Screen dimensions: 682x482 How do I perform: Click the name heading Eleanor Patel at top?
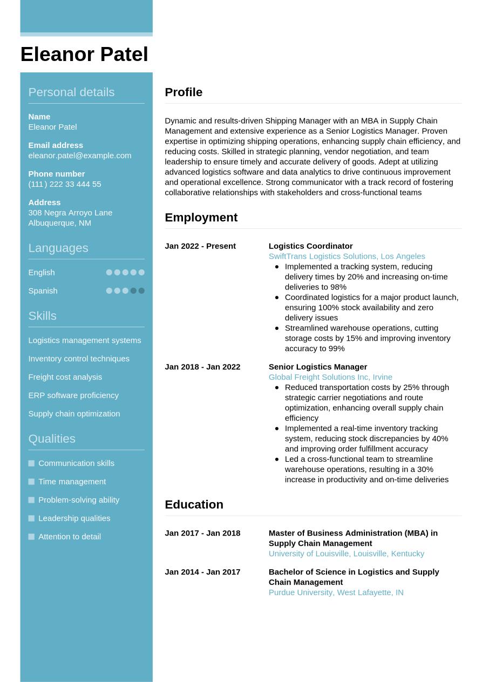(x=84, y=55)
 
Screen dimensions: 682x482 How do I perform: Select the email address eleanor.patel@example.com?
(x=79, y=156)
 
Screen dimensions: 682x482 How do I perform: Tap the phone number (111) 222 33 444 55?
(x=64, y=184)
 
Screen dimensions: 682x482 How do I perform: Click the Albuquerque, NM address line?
(x=59, y=223)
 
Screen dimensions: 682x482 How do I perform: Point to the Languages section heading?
(x=58, y=248)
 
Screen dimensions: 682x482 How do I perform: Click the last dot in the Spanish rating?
(x=141, y=291)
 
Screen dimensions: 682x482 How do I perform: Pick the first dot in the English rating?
(x=109, y=273)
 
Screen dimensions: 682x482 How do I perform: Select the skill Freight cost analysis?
(x=65, y=377)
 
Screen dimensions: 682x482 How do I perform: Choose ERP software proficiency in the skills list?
(x=73, y=395)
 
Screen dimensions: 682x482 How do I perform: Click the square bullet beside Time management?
(x=31, y=482)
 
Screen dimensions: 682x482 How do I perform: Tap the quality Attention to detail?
(x=69, y=537)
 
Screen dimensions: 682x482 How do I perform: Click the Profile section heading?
(x=184, y=92)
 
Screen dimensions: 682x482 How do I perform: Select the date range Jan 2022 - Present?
(x=200, y=246)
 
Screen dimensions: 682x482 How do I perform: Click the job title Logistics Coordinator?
(x=310, y=246)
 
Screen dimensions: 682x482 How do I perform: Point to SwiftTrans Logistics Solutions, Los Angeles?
(x=347, y=256)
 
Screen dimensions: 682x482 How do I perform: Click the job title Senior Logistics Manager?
(x=317, y=367)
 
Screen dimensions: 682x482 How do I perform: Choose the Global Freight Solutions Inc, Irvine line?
(x=330, y=377)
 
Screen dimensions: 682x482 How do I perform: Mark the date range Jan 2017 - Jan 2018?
(x=202, y=534)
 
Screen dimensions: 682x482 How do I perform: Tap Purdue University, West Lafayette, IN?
(x=336, y=593)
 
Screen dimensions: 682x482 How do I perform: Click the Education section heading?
(x=194, y=504)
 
